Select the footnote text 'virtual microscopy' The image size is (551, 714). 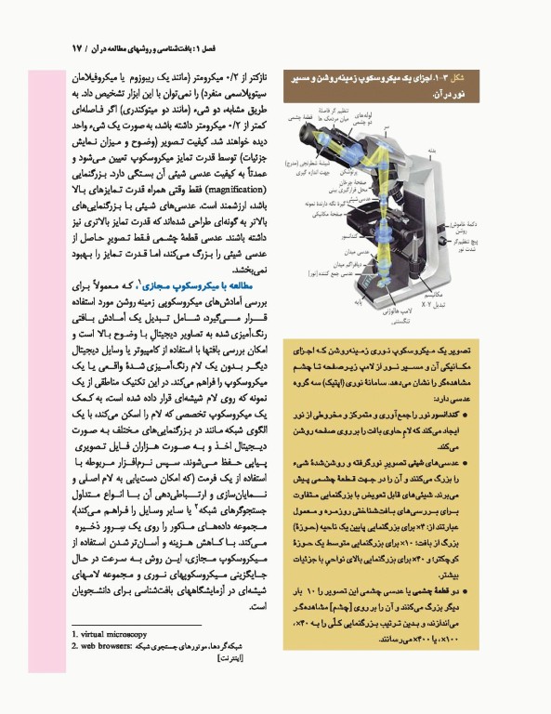tap(111, 633)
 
